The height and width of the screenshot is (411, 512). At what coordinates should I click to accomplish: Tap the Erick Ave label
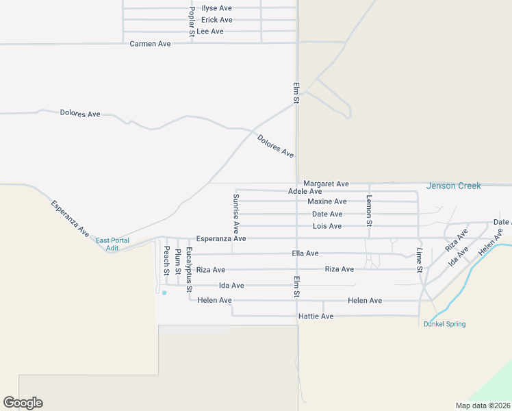click(x=216, y=20)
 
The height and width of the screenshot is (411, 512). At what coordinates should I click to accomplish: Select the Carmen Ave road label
click(x=150, y=44)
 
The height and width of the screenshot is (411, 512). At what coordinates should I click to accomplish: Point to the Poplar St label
click(x=192, y=21)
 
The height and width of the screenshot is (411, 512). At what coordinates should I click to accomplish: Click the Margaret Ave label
click(x=326, y=184)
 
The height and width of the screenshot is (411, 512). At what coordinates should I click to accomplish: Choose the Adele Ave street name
click(x=305, y=192)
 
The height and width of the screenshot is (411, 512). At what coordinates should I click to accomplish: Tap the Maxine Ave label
click(x=327, y=202)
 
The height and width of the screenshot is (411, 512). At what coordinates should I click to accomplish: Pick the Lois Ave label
click(x=327, y=226)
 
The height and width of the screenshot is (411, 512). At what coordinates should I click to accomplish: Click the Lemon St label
click(x=369, y=211)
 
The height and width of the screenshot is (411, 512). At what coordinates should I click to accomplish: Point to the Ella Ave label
click(x=305, y=253)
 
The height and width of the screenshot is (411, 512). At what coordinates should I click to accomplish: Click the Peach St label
click(x=166, y=261)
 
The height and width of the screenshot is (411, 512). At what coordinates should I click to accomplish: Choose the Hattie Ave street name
click(x=316, y=316)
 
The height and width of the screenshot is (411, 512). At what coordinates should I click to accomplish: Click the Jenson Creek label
click(x=453, y=186)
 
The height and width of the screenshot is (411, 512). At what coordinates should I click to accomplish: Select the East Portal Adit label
click(x=112, y=244)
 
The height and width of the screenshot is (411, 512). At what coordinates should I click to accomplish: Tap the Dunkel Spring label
click(x=445, y=324)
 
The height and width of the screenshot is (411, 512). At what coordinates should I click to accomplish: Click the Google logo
click(x=23, y=403)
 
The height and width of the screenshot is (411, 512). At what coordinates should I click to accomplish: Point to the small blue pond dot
click(x=164, y=292)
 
